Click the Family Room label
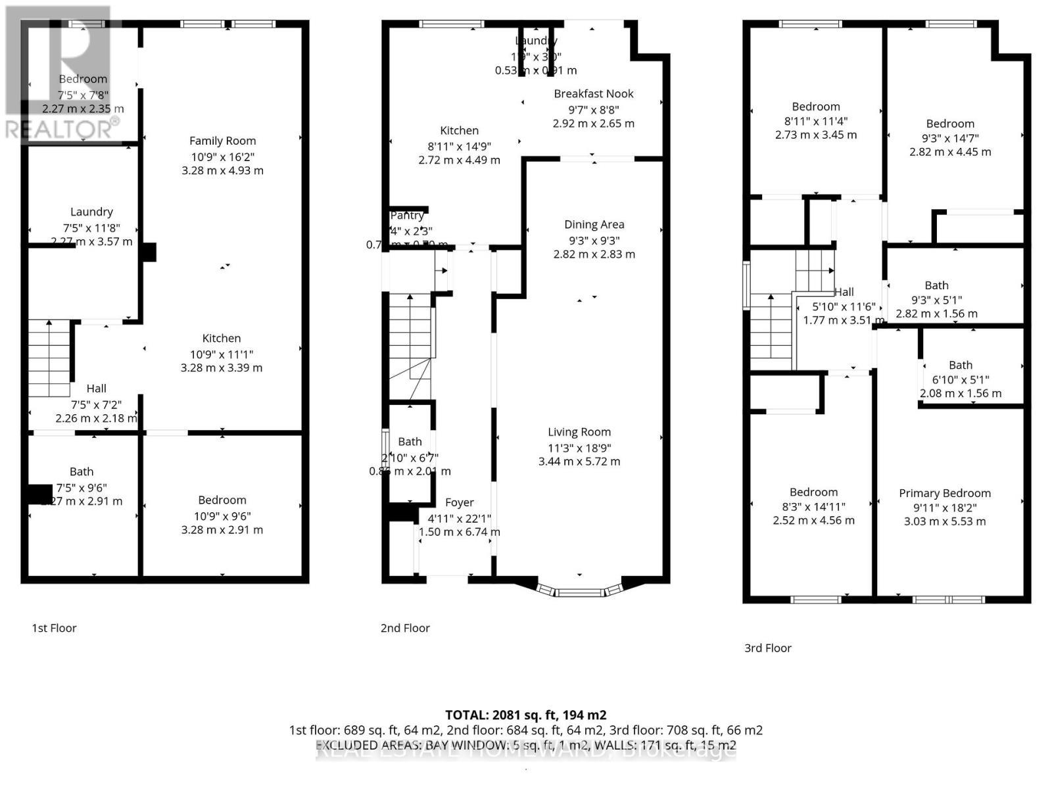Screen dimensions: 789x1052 [222, 141]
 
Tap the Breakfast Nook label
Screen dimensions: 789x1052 [593, 94]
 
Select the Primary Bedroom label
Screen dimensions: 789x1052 [944, 493]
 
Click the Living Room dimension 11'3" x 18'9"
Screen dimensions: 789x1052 [579, 447]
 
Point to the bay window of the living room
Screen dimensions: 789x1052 [579, 590]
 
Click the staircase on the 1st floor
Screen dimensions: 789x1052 [49, 358]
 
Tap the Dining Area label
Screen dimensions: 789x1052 [594, 225]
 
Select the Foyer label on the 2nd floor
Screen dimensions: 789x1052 [459, 503]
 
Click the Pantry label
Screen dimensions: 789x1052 [407, 216]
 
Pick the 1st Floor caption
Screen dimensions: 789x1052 [54, 628]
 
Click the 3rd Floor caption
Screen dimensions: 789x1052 [767, 648]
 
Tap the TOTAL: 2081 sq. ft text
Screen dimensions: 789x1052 [525, 715]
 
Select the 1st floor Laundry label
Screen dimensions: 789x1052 [91, 212]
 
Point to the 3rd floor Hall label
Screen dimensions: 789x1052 [844, 292]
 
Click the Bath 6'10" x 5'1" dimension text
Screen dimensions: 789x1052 [960, 379]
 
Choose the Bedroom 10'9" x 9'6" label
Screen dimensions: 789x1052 [222, 500]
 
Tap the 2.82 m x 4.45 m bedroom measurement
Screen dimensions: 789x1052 [949, 152]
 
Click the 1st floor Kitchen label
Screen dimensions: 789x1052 [221, 338]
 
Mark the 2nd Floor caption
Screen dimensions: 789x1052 [404, 628]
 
